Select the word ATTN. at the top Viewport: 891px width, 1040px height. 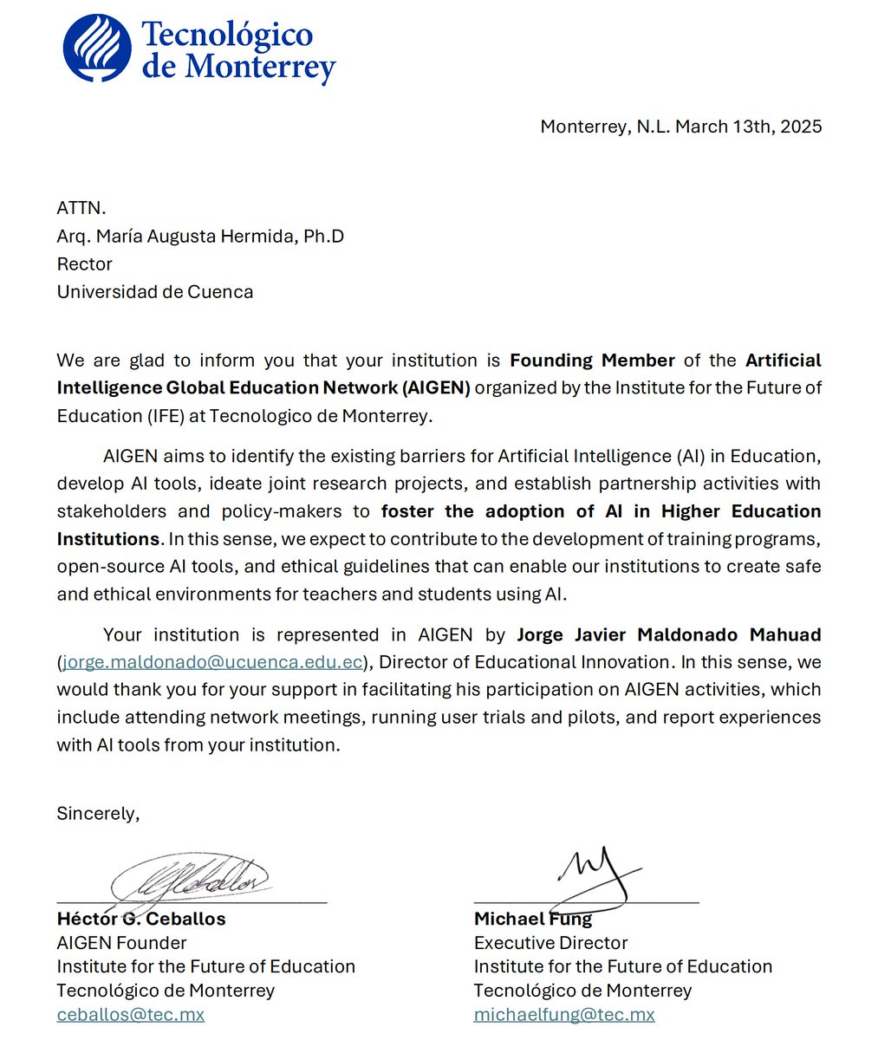81,208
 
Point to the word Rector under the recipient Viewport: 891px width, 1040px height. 84,263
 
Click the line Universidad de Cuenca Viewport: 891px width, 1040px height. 155,291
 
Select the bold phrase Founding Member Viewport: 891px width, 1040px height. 592,360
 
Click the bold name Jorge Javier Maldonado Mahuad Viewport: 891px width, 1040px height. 668,634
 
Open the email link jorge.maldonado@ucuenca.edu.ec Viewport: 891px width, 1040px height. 212,662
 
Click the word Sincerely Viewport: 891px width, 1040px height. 98,813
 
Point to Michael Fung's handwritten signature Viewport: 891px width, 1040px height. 595,871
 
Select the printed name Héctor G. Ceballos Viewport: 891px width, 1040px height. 141,919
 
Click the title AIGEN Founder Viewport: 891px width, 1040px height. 121,943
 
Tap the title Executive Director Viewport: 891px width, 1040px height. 550,943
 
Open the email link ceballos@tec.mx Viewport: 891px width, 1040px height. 131,1014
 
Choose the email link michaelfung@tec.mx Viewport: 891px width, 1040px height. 564,1014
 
